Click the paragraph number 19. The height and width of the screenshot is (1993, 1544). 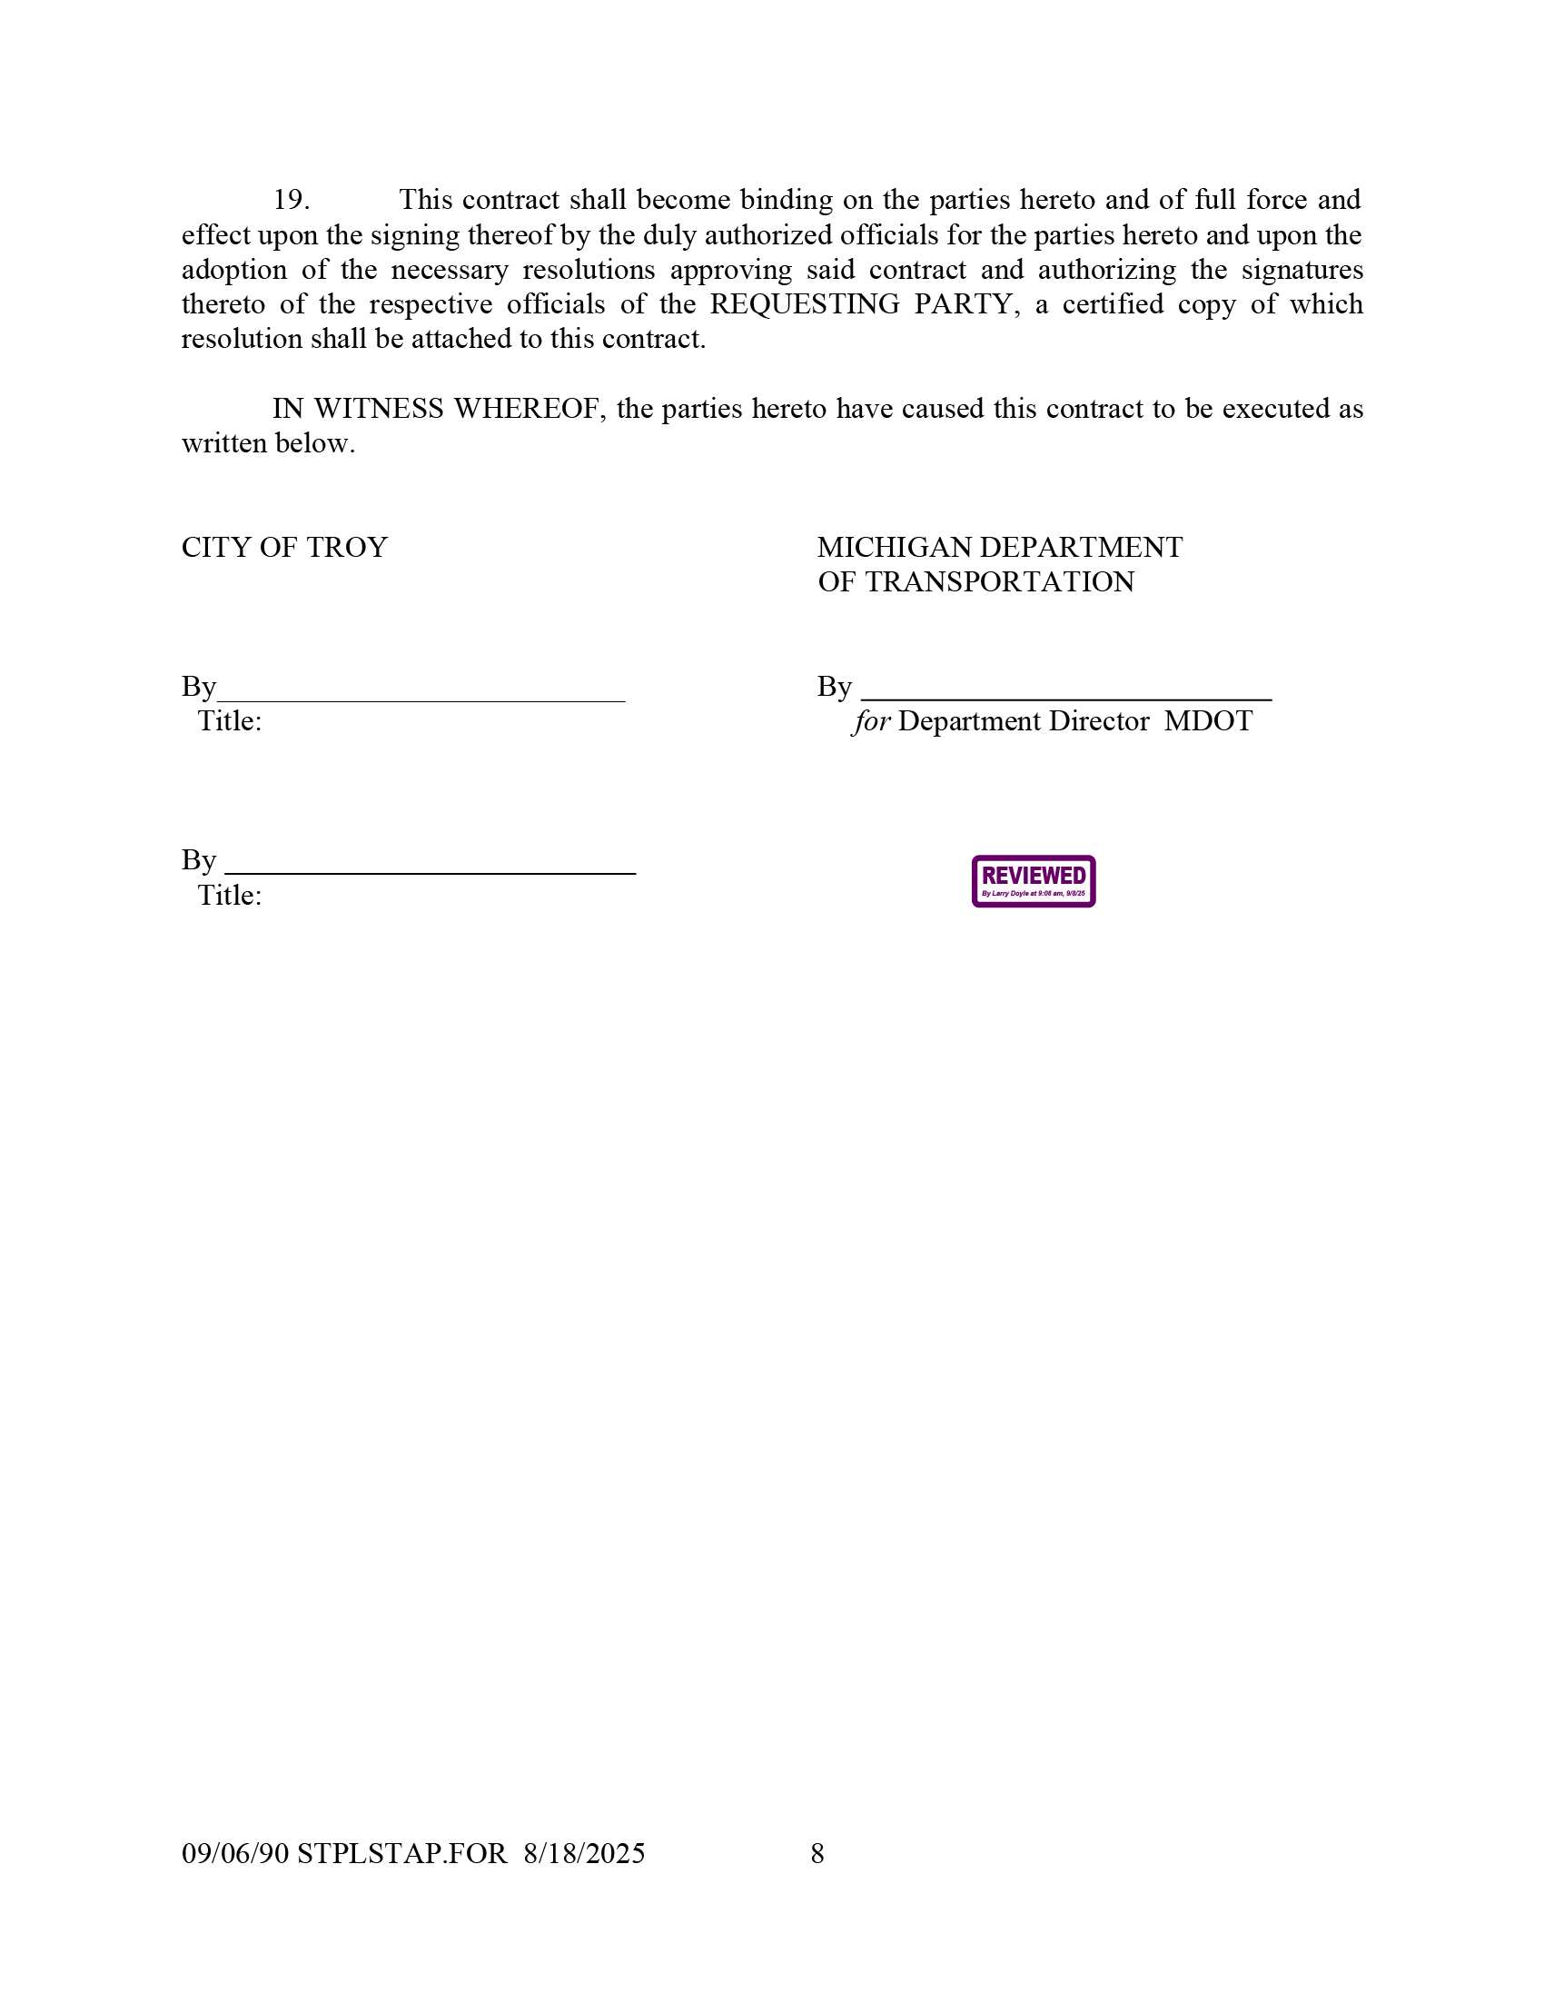pos(292,200)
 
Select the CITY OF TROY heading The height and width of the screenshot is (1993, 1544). pos(284,548)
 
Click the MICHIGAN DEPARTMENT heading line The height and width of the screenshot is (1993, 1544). pos(999,548)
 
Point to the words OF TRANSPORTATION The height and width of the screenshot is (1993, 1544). pos(975,582)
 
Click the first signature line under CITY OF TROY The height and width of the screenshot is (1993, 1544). pos(421,699)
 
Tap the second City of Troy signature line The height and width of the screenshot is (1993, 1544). pos(430,872)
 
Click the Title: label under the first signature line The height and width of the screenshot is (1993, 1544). pos(230,722)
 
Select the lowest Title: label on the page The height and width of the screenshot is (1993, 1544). pos(230,896)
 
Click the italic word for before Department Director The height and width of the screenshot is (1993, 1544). pos(872,722)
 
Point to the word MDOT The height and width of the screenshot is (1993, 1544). pos(1208,722)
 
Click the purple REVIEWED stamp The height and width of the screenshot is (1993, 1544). pos(1033,881)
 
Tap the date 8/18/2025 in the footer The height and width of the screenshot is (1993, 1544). pos(584,1853)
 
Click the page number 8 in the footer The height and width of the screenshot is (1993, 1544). pos(817,1853)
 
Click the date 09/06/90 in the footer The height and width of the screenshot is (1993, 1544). pos(234,1853)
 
